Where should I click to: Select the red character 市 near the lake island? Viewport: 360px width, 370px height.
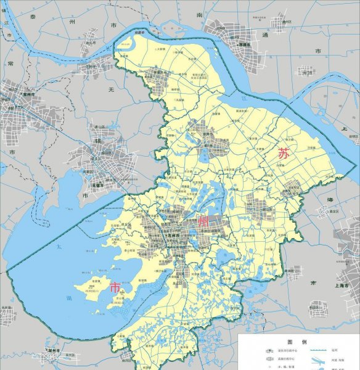click(115, 288)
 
